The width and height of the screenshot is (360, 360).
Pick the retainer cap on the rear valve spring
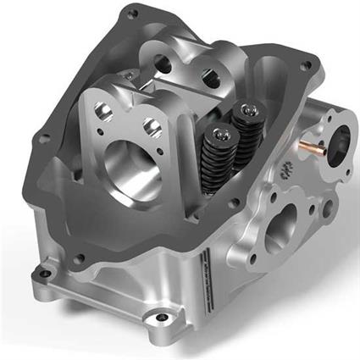click(x=247, y=111)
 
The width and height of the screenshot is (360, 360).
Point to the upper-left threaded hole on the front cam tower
click(x=102, y=111)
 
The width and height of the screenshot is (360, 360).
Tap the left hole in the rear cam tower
click(x=163, y=62)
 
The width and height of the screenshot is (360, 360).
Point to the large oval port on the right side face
click(x=279, y=229)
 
